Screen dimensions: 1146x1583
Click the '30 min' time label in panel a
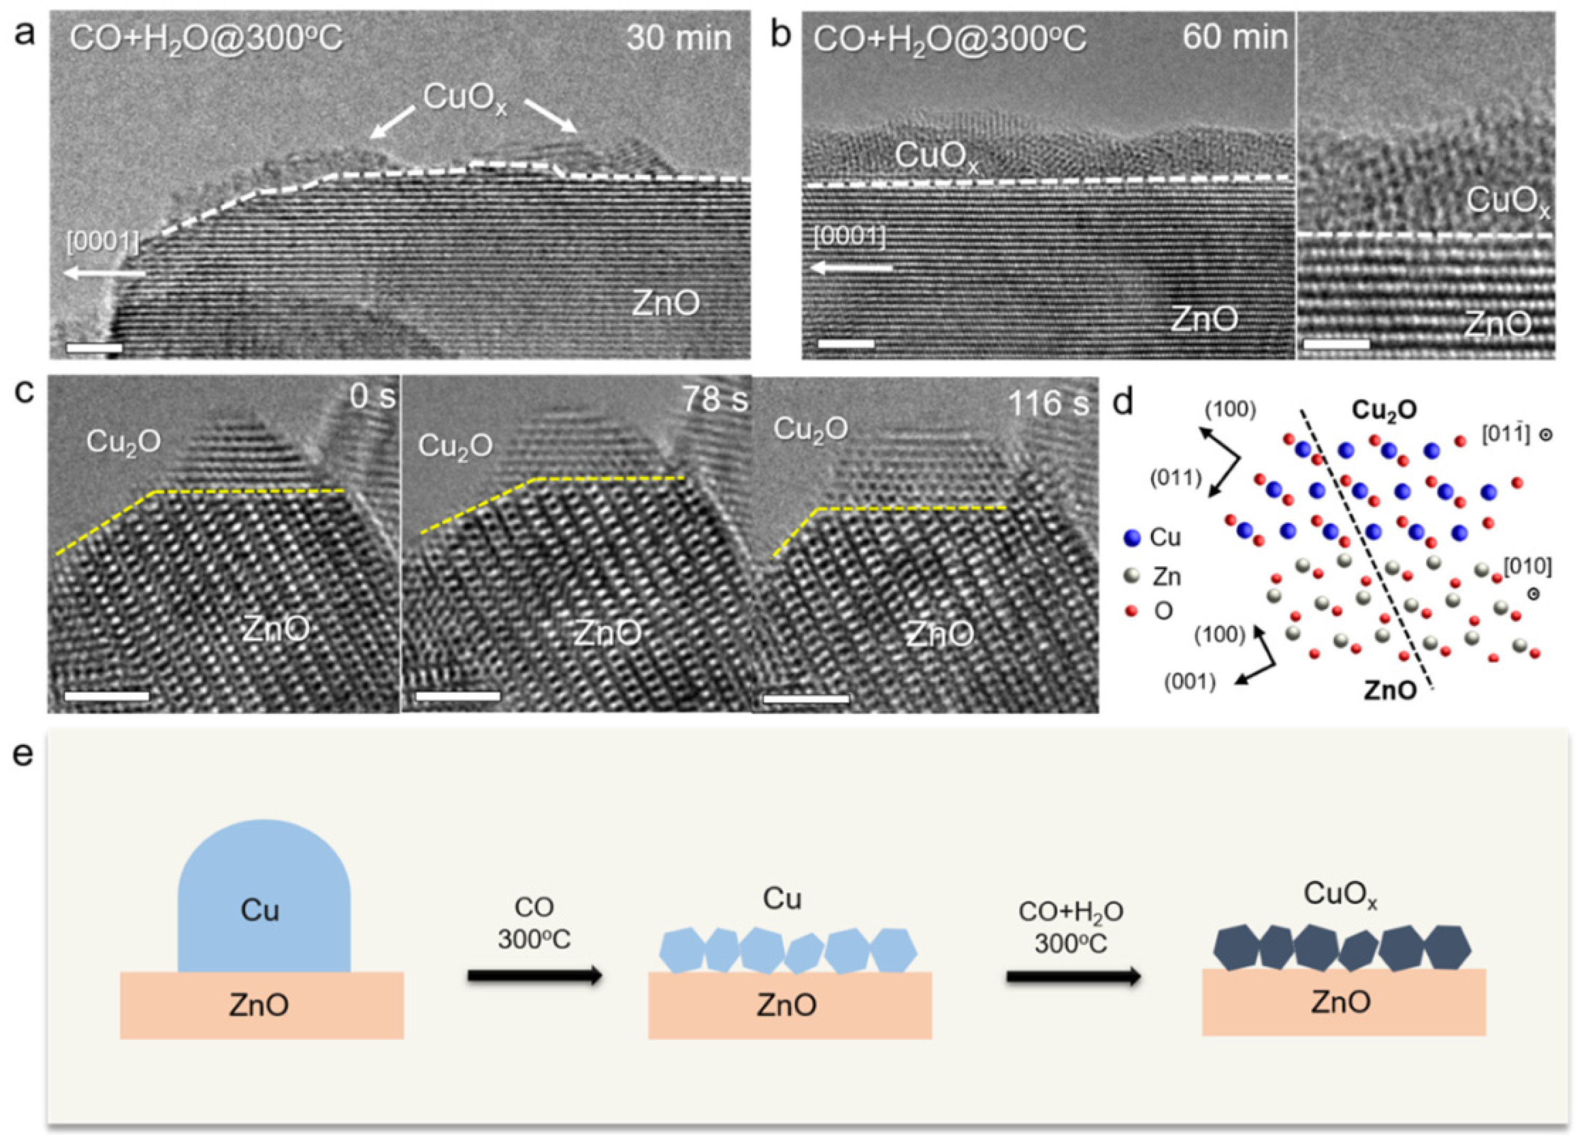tap(678, 38)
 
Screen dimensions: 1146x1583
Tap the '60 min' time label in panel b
tap(1235, 37)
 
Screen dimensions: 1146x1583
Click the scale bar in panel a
tap(94, 347)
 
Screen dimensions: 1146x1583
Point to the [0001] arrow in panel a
tap(105, 274)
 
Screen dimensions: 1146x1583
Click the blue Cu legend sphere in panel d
tap(1133, 538)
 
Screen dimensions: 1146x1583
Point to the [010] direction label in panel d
tap(1527, 567)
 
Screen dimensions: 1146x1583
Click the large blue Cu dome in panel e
tap(264, 900)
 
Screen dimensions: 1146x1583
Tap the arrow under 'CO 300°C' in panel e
tap(534, 976)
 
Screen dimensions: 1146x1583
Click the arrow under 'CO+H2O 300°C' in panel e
tap(1073, 976)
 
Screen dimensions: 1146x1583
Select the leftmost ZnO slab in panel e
tap(262, 1005)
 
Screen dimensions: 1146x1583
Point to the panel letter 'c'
tap(24, 395)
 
